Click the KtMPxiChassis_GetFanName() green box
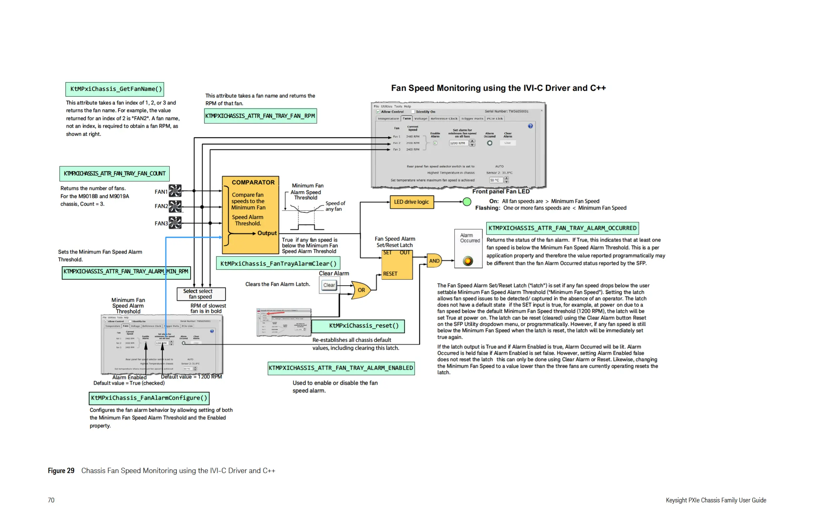point(115,89)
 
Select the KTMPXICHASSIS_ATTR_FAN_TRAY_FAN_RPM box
point(260,116)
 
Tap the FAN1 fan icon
point(175,191)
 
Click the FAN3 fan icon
point(175,223)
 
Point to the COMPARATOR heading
point(253,182)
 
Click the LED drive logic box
point(411,202)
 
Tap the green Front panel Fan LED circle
point(467,202)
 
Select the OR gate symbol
point(361,290)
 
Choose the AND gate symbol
point(434,261)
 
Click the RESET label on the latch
point(390,274)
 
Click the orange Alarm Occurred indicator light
point(468,261)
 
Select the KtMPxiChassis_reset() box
point(364,326)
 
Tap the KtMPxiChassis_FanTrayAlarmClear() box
point(278,264)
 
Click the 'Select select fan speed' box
point(201,294)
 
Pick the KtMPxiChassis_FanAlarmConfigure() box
point(149,398)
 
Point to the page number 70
point(51,500)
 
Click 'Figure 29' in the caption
point(61,471)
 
